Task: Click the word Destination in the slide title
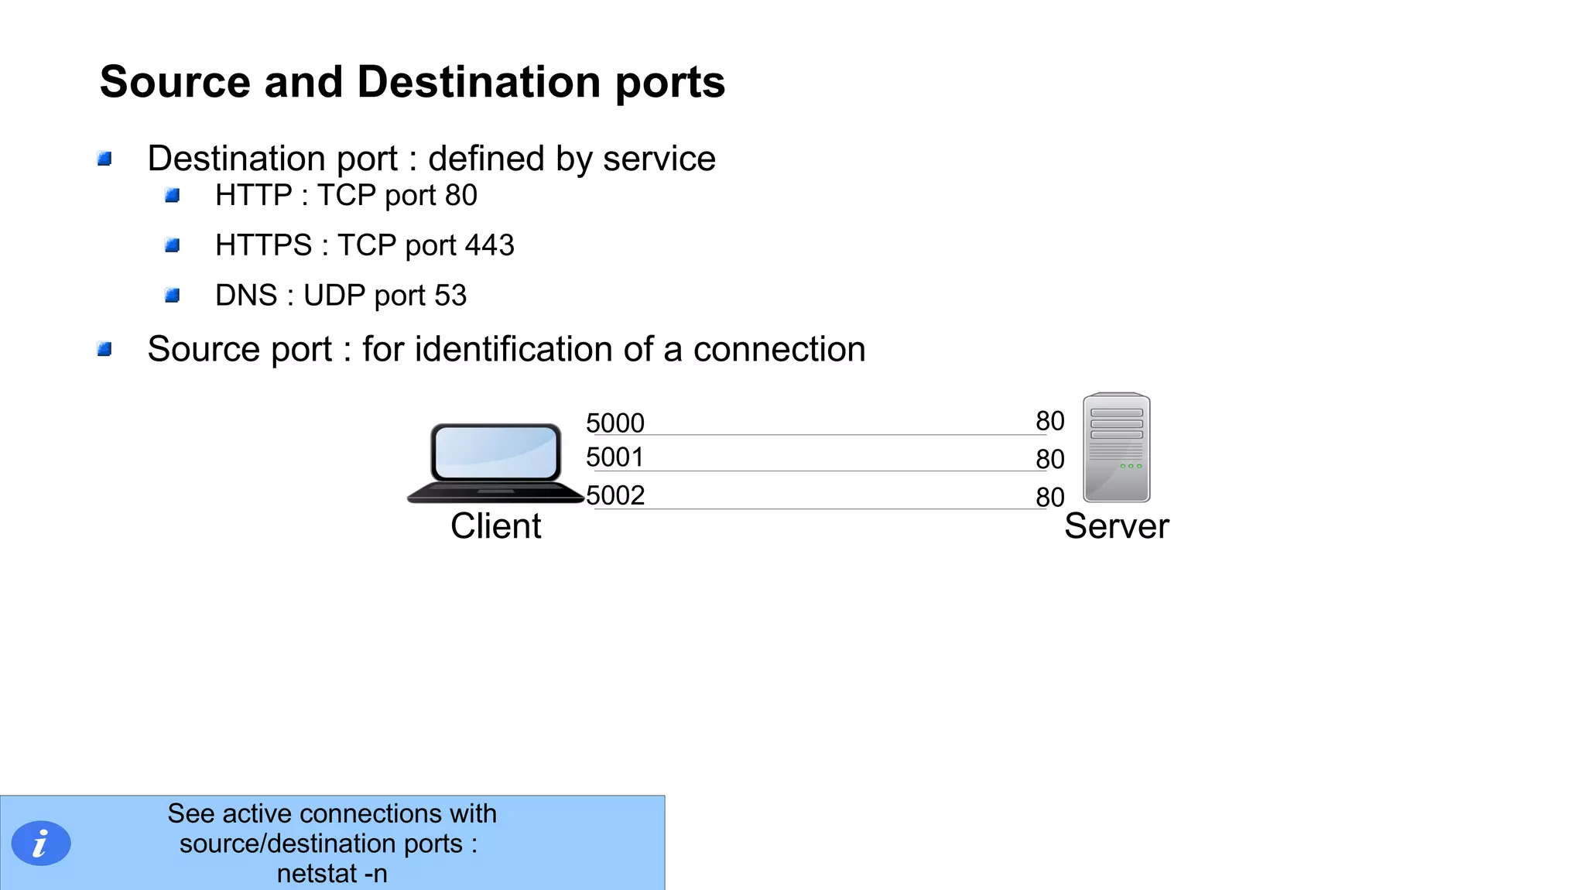coord(478,82)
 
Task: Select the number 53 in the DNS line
coord(450,296)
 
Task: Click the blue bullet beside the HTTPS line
coord(173,245)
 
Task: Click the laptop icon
coord(495,463)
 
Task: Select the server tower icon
coord(1116,447)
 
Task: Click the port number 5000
coord(614,423)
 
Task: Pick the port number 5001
coord(614,457)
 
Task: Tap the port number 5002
coord(615,495)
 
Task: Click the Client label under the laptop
coord(495,526)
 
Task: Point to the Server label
coord(1116,526)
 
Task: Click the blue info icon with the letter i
coord(41,843)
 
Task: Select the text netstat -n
coord(332,874)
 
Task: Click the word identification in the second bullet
coord(514,349)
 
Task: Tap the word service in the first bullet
coord(659,159)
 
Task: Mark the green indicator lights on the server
coord(1131,466)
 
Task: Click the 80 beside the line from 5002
coord(1050,497)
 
